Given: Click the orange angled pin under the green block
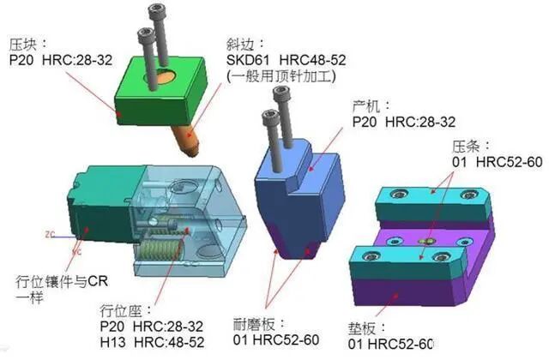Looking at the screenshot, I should coord(184,133).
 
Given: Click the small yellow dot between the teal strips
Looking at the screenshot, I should coord(421,243).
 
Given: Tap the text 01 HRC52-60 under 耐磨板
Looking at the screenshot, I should coord(271,340).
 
